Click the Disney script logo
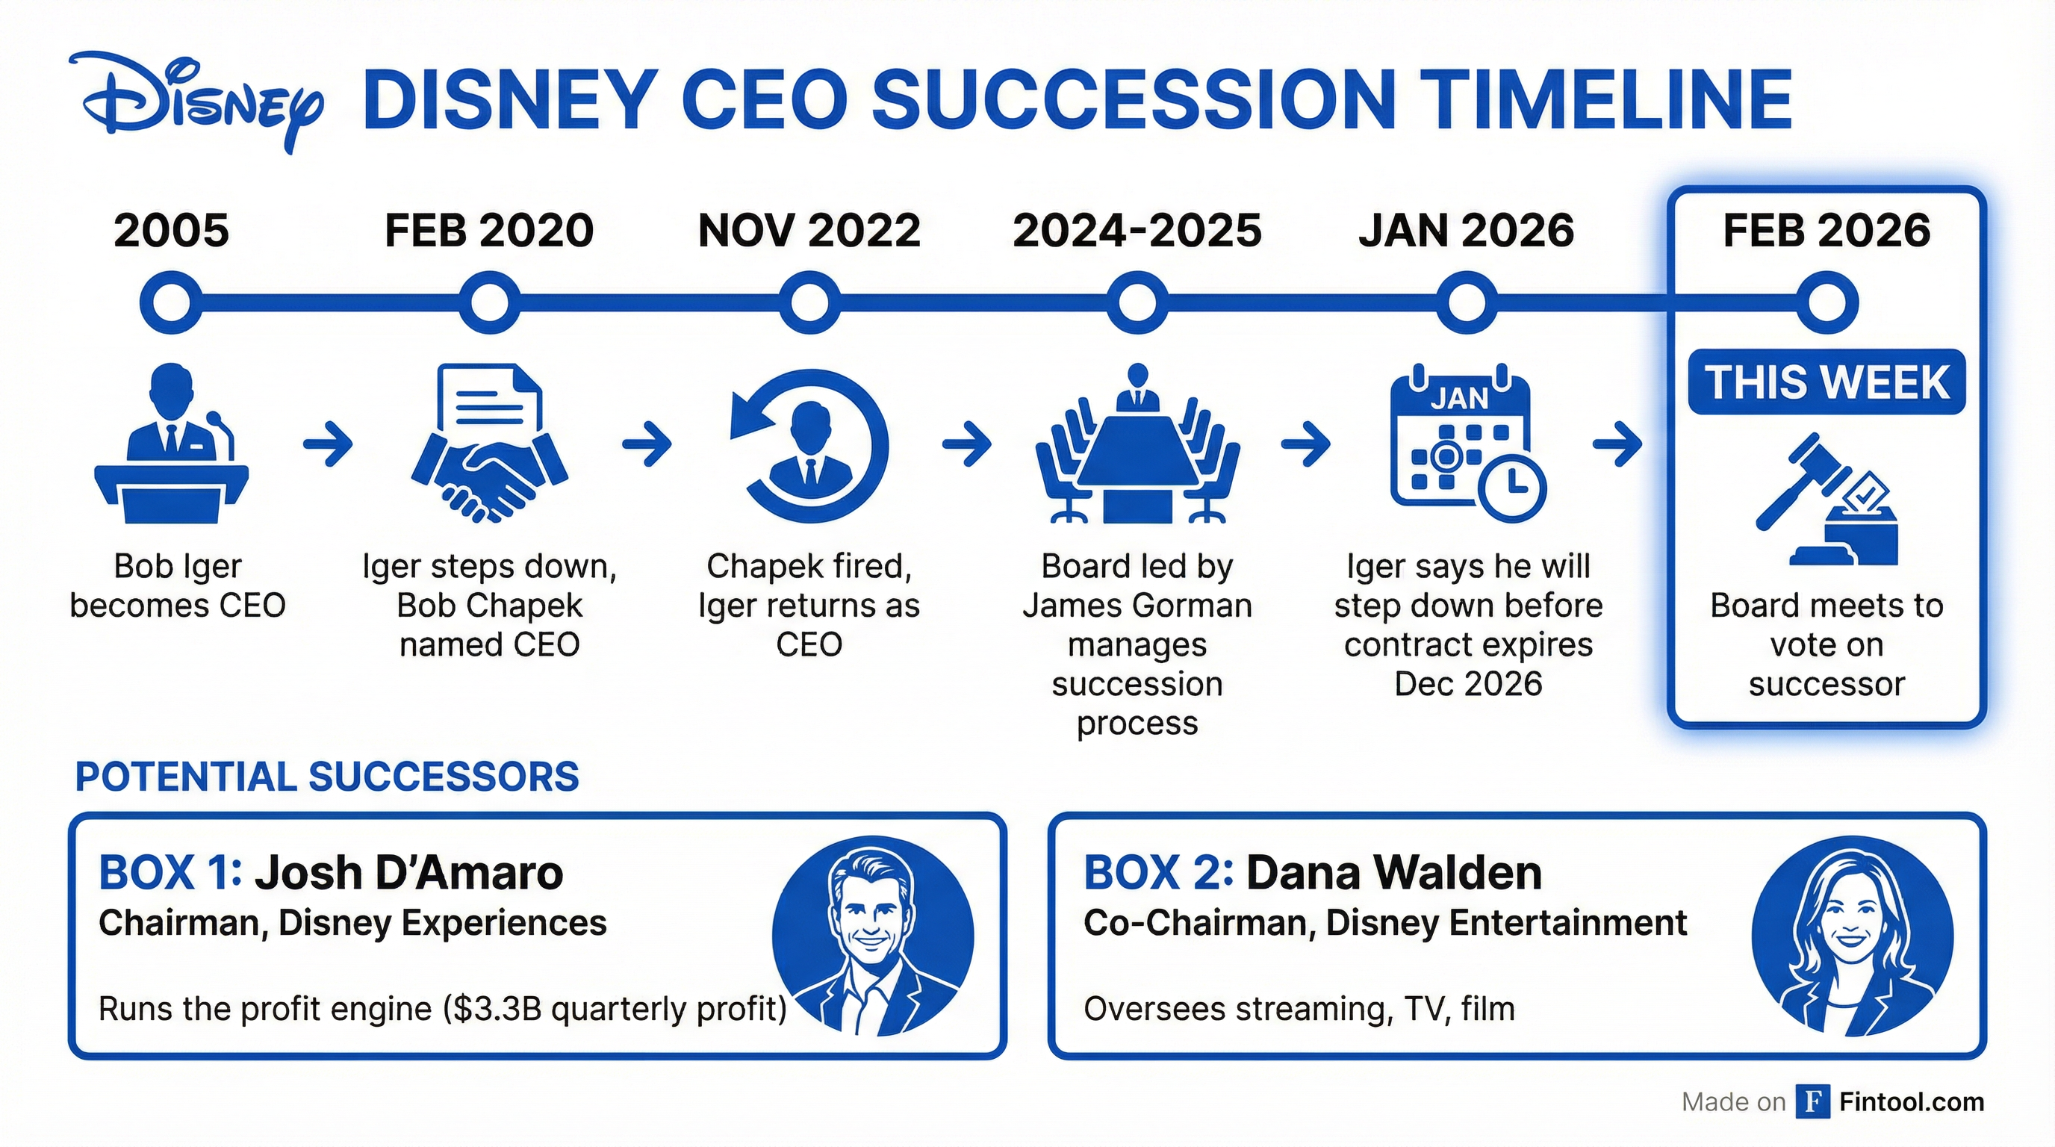[196, 100]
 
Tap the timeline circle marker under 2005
[171, 302]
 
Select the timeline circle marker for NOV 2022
[809, 302]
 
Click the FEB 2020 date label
[489, 231]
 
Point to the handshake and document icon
[489, 443]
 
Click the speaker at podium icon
[172, 444]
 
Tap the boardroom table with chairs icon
[1137, 444]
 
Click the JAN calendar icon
[1467, 444]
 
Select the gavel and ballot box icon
[1827, 500]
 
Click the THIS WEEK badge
[1827, 382]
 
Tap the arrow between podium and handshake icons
[328, 444]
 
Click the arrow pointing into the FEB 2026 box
[1617, 444]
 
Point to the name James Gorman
[1137, 606]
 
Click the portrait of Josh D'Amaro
[873, 936]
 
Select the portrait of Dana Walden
[1853, 936]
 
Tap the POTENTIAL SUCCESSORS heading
[327, 777]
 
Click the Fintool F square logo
[1812, 1102]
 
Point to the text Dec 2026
[1468, 684]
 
